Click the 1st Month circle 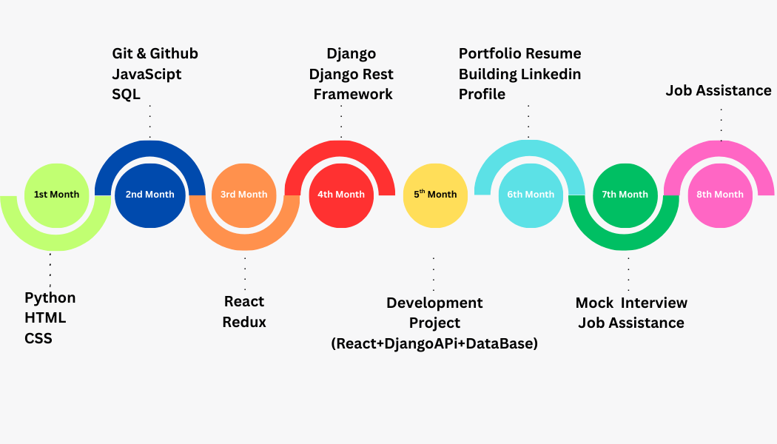[56, 195]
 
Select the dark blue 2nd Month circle [149, 195]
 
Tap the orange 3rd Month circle [244, 195]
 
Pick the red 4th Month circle [341, 195]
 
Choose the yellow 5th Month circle [435, 195]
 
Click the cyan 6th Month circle [531, 195]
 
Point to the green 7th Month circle [625, 195]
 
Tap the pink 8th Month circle [720, 195]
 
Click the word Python [50, 297]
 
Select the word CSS [38, 338]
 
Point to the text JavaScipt [147, 74]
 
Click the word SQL [126, 94]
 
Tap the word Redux [244, 322]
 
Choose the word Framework [353, 94]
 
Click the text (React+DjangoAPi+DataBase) [434, 343]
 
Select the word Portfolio [489, 53]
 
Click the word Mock [595, 303]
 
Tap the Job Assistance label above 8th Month [719, 90]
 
